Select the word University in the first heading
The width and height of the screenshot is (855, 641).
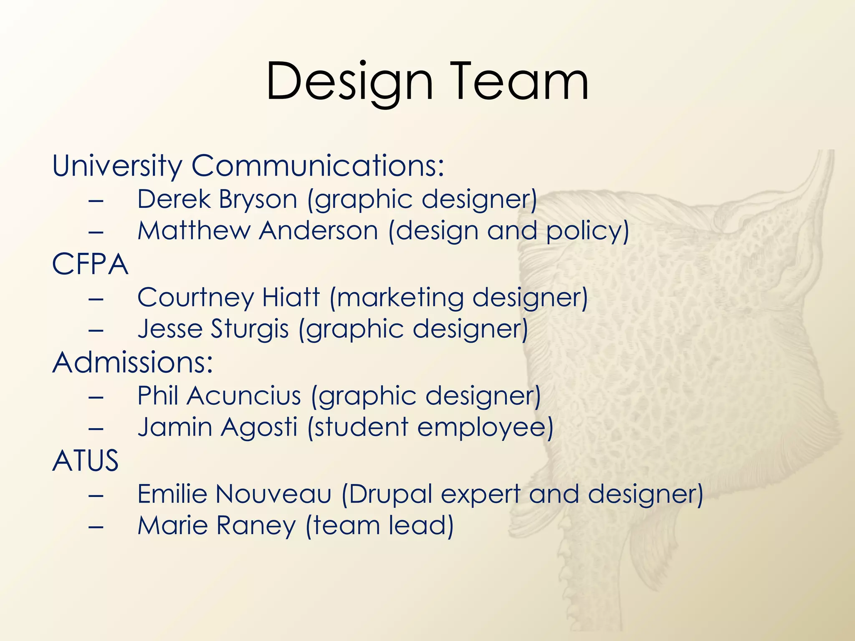pyautogui.click(x=117, y=166)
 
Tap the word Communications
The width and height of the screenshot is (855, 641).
pyautogui.click(x=317, y=166)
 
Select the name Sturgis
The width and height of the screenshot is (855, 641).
pyautogui.click(x=250, y=329)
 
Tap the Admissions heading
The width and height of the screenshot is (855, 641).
pyautogui.click(x=132, y=362)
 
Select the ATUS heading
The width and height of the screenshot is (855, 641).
pyautogui.click(x=86, y=461)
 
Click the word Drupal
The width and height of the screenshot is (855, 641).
pyautogui.click(x=391, y=494)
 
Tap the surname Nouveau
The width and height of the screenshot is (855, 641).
pyautogui.click(x=273, y=494)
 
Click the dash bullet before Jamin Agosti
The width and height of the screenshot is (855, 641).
pyautogui.click(x=96, y=428)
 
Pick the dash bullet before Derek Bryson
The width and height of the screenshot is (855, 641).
pyautogui.click(x=96, y=200)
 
